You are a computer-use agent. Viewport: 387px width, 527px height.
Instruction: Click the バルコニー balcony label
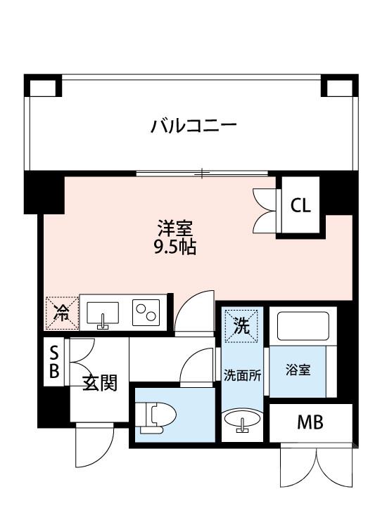[193, 126]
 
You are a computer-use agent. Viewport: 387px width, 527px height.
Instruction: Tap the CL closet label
[300, 206]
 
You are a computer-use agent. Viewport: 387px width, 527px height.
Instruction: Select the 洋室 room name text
[175, 228]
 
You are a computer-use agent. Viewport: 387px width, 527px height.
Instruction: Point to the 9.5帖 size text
[175, 247]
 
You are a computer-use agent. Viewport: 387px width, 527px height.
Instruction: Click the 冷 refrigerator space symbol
[62, 313]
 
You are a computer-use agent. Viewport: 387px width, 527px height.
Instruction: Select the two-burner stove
[146, 312]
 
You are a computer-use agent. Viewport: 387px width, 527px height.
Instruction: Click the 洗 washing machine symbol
[242, 325]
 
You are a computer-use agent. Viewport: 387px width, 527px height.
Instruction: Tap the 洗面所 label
[242, 375]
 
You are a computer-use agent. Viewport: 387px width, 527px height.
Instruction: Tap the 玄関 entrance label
[99, 384]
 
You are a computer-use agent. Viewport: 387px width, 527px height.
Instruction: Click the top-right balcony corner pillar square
[338, 86]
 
